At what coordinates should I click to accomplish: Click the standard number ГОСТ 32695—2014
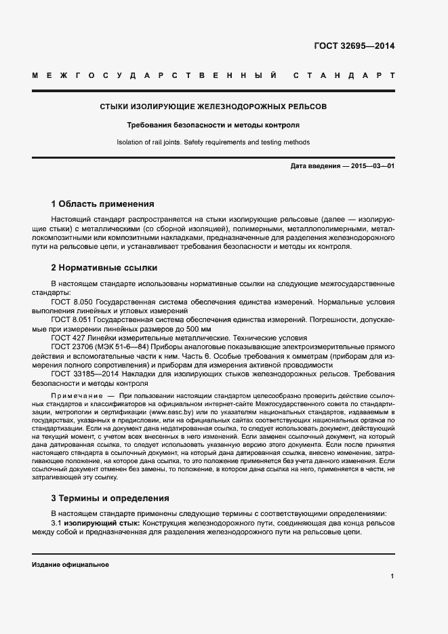tap(354, 46)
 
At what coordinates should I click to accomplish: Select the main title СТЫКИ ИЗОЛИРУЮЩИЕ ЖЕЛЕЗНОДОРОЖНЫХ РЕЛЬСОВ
tap(213, 107)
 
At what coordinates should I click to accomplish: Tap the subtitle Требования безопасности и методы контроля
tap(213, 125)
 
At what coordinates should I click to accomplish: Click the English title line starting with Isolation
tap(213, 142)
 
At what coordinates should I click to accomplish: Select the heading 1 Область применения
tap(103, 203)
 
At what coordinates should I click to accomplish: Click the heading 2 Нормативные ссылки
tap(104, 267)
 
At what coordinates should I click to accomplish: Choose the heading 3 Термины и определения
tap(110, 498)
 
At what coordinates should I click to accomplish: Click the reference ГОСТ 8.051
tap(73, 319)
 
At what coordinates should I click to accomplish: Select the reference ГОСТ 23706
tap(70, 346)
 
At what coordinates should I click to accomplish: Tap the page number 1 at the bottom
tap(392, 576)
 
